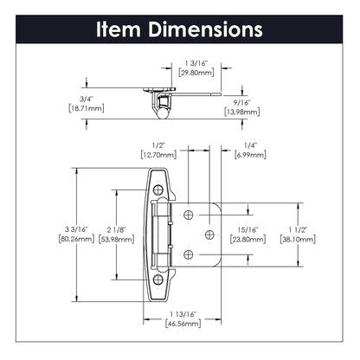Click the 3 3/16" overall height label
click(x=60, y=228)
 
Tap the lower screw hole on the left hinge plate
click(x=159, y=280)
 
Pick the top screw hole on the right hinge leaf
click(x=190, y=212)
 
